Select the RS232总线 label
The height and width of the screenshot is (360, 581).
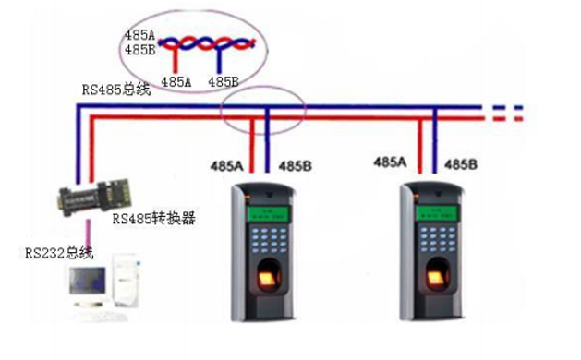point(46,251)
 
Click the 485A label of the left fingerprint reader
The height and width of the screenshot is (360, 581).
point(227,166)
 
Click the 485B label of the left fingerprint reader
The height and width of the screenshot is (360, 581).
point(295,166)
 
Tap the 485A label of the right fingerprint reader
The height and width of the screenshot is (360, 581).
point(390,162)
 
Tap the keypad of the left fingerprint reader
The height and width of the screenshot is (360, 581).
point(270,241)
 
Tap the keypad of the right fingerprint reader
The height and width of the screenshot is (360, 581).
point(437,242)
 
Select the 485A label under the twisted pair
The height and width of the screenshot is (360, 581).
point(176,81)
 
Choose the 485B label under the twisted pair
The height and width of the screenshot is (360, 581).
point(224,81)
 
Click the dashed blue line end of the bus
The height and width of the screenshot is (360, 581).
point(506,107)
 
